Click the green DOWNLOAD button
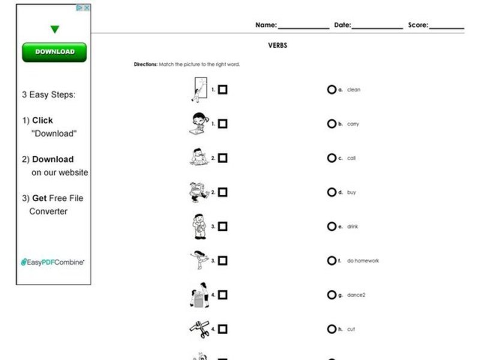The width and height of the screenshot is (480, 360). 54,52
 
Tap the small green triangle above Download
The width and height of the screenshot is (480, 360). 55,29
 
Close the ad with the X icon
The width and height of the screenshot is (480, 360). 86,8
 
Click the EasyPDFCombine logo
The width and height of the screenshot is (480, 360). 53,262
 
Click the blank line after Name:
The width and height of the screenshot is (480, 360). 303,26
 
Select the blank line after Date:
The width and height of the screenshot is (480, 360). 377,26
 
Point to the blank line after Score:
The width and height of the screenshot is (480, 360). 446,26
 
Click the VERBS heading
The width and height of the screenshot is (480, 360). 277,46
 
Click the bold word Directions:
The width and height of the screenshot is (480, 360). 146,64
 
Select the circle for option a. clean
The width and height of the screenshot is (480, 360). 331,90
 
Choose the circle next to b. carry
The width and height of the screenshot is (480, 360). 331,124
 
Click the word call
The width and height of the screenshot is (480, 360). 352,158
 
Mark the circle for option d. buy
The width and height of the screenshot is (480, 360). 331,193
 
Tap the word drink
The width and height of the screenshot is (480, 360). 353,227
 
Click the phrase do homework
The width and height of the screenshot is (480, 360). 363,261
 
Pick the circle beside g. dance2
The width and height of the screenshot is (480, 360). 331,295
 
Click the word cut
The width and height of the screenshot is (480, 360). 351,329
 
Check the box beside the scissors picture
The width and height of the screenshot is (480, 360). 223,329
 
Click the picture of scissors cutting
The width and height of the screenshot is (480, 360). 199,328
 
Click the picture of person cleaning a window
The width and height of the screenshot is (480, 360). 199,90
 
